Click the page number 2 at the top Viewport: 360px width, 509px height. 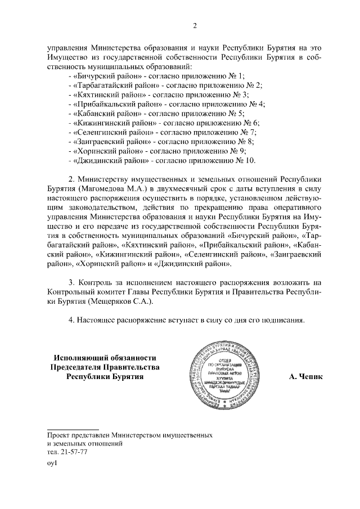pos(195,26)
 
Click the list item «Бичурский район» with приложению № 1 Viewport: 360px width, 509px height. pos(156,76)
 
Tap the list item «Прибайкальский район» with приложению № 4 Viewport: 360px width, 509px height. pos(166,104)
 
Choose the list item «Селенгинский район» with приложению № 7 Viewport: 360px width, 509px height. pos(161,132)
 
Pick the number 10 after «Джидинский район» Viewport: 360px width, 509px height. pos(249,160)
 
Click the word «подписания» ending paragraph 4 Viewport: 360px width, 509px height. pos(282,320)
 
